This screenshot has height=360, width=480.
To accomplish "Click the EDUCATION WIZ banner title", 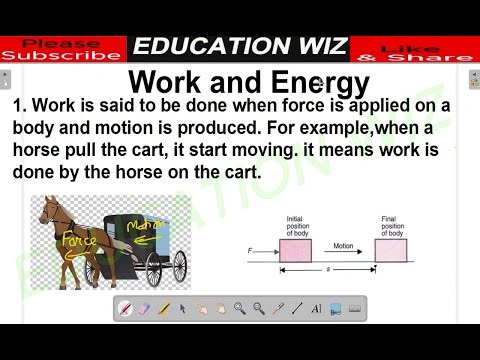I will [240, 46].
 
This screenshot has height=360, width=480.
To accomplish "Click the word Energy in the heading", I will [306, 81].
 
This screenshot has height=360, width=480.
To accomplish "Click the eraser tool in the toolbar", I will [144, 309].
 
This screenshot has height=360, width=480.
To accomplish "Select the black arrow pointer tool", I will [183, 309].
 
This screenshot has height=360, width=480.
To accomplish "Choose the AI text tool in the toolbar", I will [316, 309].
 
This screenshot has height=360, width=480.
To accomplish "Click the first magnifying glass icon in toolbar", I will [240, 309].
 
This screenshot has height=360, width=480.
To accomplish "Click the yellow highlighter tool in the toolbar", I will [164, 309].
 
